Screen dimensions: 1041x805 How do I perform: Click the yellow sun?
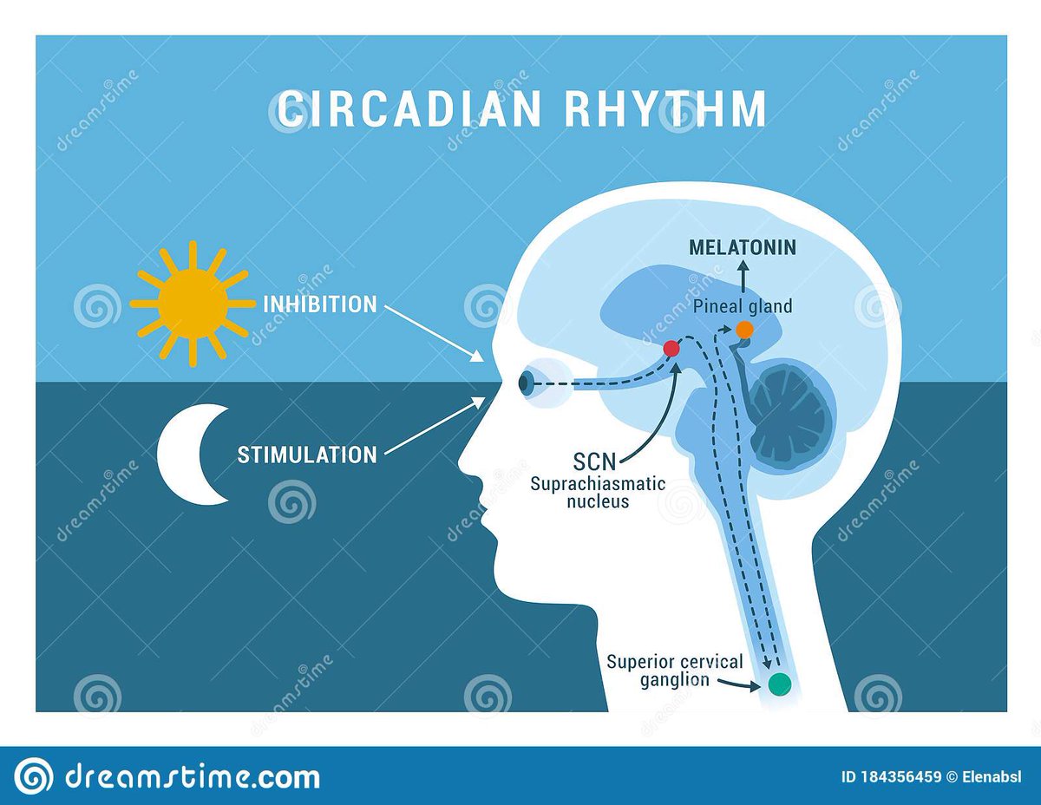pos(192,304)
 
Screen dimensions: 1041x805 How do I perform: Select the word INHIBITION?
pos(320,304)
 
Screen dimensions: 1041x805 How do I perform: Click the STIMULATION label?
pos(307,455)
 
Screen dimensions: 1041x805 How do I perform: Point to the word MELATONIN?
pos(742,247)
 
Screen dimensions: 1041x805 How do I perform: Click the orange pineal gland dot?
pos(744,330)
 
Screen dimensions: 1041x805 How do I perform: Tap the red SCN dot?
pos(671,349)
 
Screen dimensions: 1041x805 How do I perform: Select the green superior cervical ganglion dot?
pos(780,684)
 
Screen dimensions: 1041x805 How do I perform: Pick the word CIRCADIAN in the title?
pos(396,109)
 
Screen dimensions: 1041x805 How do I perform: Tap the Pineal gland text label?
pos(742,306)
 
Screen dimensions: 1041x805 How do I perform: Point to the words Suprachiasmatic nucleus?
pos(598,492)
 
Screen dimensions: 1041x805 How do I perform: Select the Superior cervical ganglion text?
pos(674,671)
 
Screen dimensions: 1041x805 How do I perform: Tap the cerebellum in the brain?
pos(789,412)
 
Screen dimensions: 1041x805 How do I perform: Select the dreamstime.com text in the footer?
pos(193,776)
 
